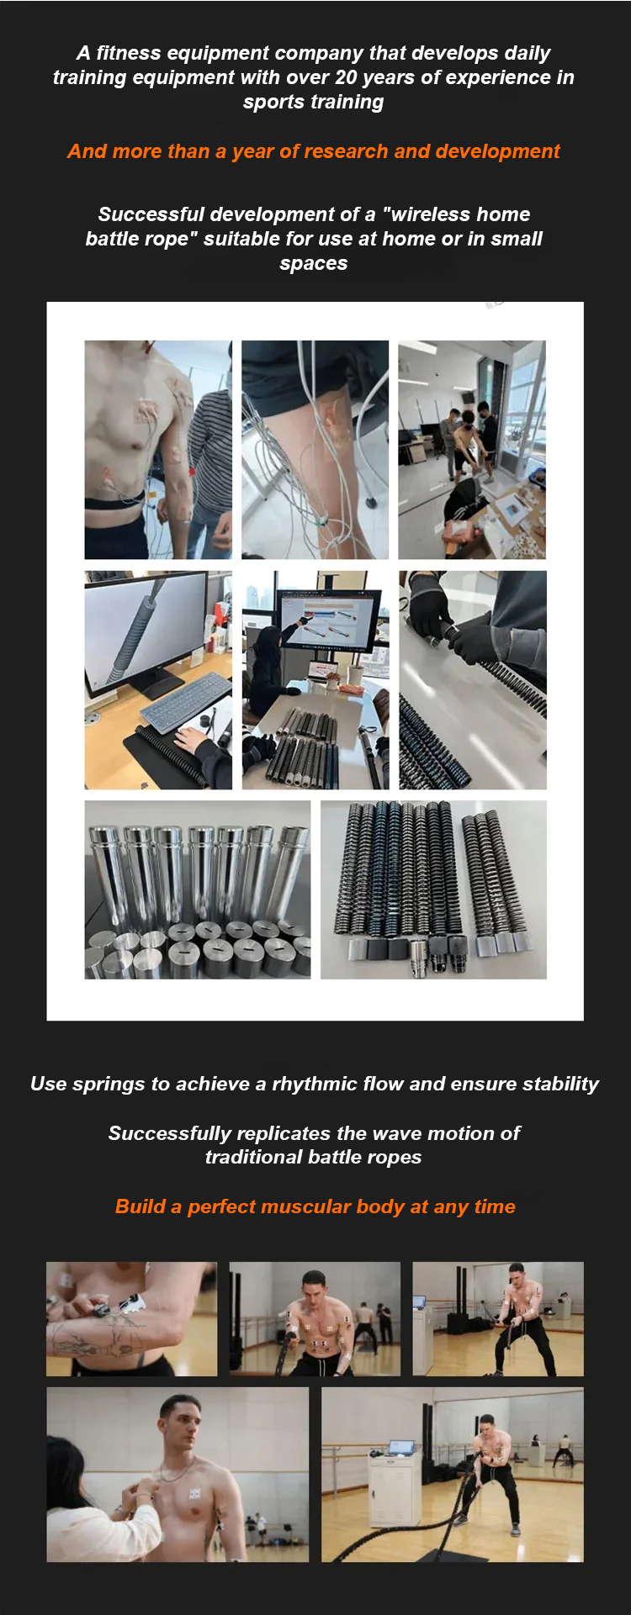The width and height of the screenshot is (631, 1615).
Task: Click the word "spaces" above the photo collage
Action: coord(313,264)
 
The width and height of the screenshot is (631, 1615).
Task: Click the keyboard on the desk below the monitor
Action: coord(186,704)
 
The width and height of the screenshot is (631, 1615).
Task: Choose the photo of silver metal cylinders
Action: coord(198,889)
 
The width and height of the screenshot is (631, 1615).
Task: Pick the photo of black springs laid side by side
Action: coord(433,889)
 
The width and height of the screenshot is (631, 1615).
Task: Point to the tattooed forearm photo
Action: coord(131,1318)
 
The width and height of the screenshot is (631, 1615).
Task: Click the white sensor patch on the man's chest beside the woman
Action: coord(195,1494)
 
